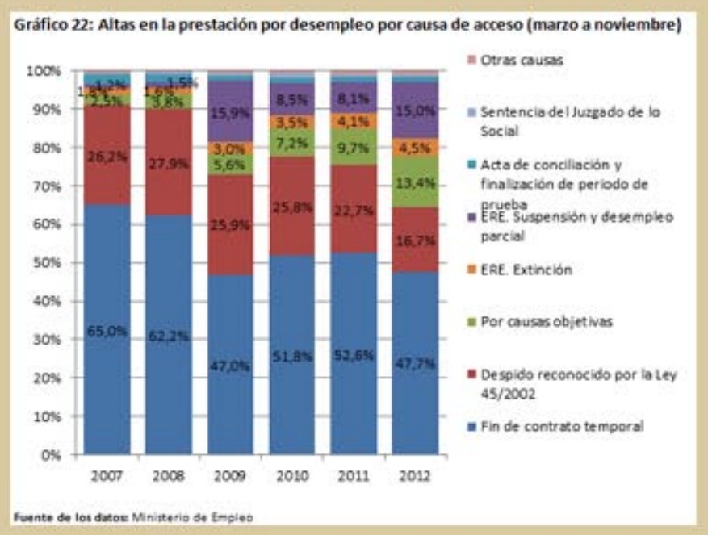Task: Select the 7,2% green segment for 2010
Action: [x=292, y=144]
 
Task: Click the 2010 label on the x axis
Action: [x=292, y=476]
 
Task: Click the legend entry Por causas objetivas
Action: [x=535, y=322]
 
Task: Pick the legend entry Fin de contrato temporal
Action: [x=562, y=427]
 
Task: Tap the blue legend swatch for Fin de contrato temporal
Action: [x=471, y=427]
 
